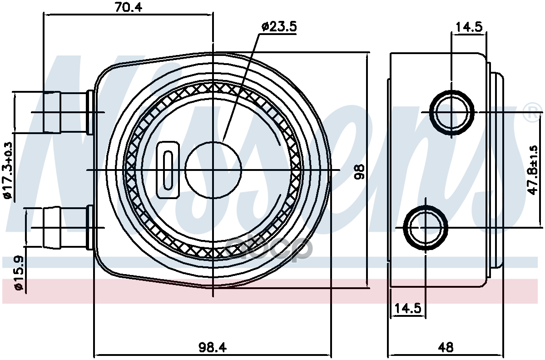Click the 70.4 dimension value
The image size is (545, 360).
(x=128, y=7)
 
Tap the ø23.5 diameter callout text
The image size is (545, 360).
(x=279, y=27)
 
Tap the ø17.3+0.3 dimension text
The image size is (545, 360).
(x=8, y=170)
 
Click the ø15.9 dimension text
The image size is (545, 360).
(x=19, y=272)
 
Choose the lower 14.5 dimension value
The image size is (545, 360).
(x=408, y=308)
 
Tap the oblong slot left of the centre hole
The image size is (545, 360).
(x=168, y=170)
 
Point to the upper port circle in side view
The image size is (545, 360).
(x=452, y=112)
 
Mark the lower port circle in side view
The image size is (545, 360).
(x=426, y=227)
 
